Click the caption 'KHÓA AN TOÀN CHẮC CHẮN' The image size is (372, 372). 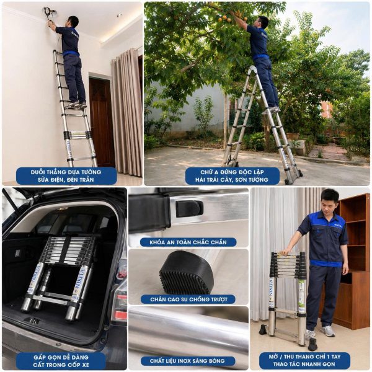[x=188, y=242]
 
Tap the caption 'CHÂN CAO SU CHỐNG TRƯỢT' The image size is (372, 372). [x=188, y=299]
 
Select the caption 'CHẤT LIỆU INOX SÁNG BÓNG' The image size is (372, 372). [x=187, y=361]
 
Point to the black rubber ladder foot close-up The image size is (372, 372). [x=187, y=272]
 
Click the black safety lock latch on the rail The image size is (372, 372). [x=189, y=209]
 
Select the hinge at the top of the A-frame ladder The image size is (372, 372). [x=252, y=70]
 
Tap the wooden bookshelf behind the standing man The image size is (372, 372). [x=353, y=261]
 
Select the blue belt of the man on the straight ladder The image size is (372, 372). [x=71, y=53]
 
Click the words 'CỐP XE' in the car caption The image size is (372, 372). [x=78, y=365]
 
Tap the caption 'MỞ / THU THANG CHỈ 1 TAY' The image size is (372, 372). [x=304, y=356]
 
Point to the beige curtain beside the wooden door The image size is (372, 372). [x=126, y=112]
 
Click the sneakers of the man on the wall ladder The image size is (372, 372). [x=76, y=105]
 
